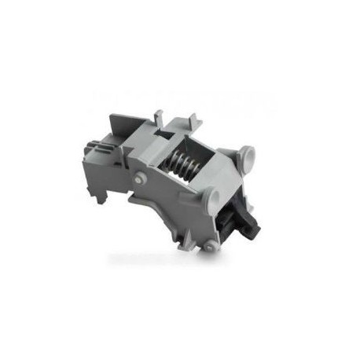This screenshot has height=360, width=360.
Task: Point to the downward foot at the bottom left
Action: point(106,193)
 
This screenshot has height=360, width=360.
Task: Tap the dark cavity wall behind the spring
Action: point(197,157)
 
